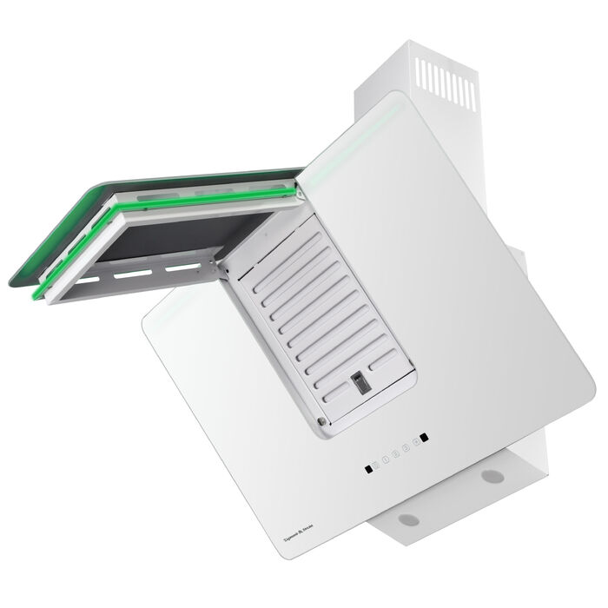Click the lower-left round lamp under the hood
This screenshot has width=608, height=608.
[408, 519]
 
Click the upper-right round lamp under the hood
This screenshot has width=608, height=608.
[492, 476]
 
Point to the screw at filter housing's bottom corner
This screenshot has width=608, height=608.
[322, 423]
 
